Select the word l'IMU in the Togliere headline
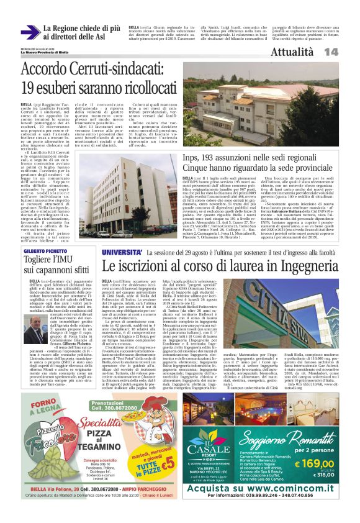click(x=73, y=260)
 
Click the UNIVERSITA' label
click(x=123, y=253)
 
